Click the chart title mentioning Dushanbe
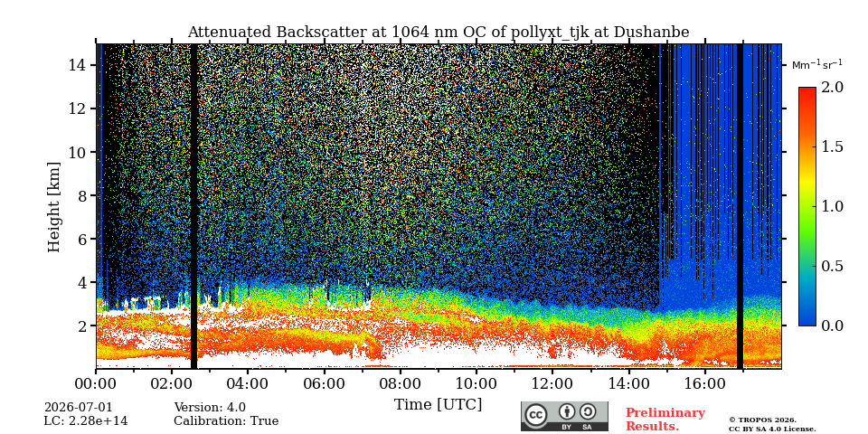[x=439, y=33]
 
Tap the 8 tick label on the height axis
[x=80, y=195]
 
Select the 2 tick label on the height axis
[x=80, y=325]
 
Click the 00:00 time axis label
[x=97, y=382]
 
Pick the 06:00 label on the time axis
[x=325, y=382]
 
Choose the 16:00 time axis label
[x=704, y=382]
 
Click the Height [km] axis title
[x=53, y=207]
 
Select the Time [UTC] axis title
[x=439, y=405]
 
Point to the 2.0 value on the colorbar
[x=832, y=87]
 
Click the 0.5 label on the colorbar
[x=832, y=266]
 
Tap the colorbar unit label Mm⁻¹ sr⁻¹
[x=817, y=65]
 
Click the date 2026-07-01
[x=78, y=408]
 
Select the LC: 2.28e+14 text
[x=86, y=421]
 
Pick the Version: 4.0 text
[x=210, y=408]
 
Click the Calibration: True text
[x=226, y=421]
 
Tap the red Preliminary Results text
[x=665, y=420]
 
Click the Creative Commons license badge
[x=564, y=416]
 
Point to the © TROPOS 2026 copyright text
[x=762, y=420]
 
